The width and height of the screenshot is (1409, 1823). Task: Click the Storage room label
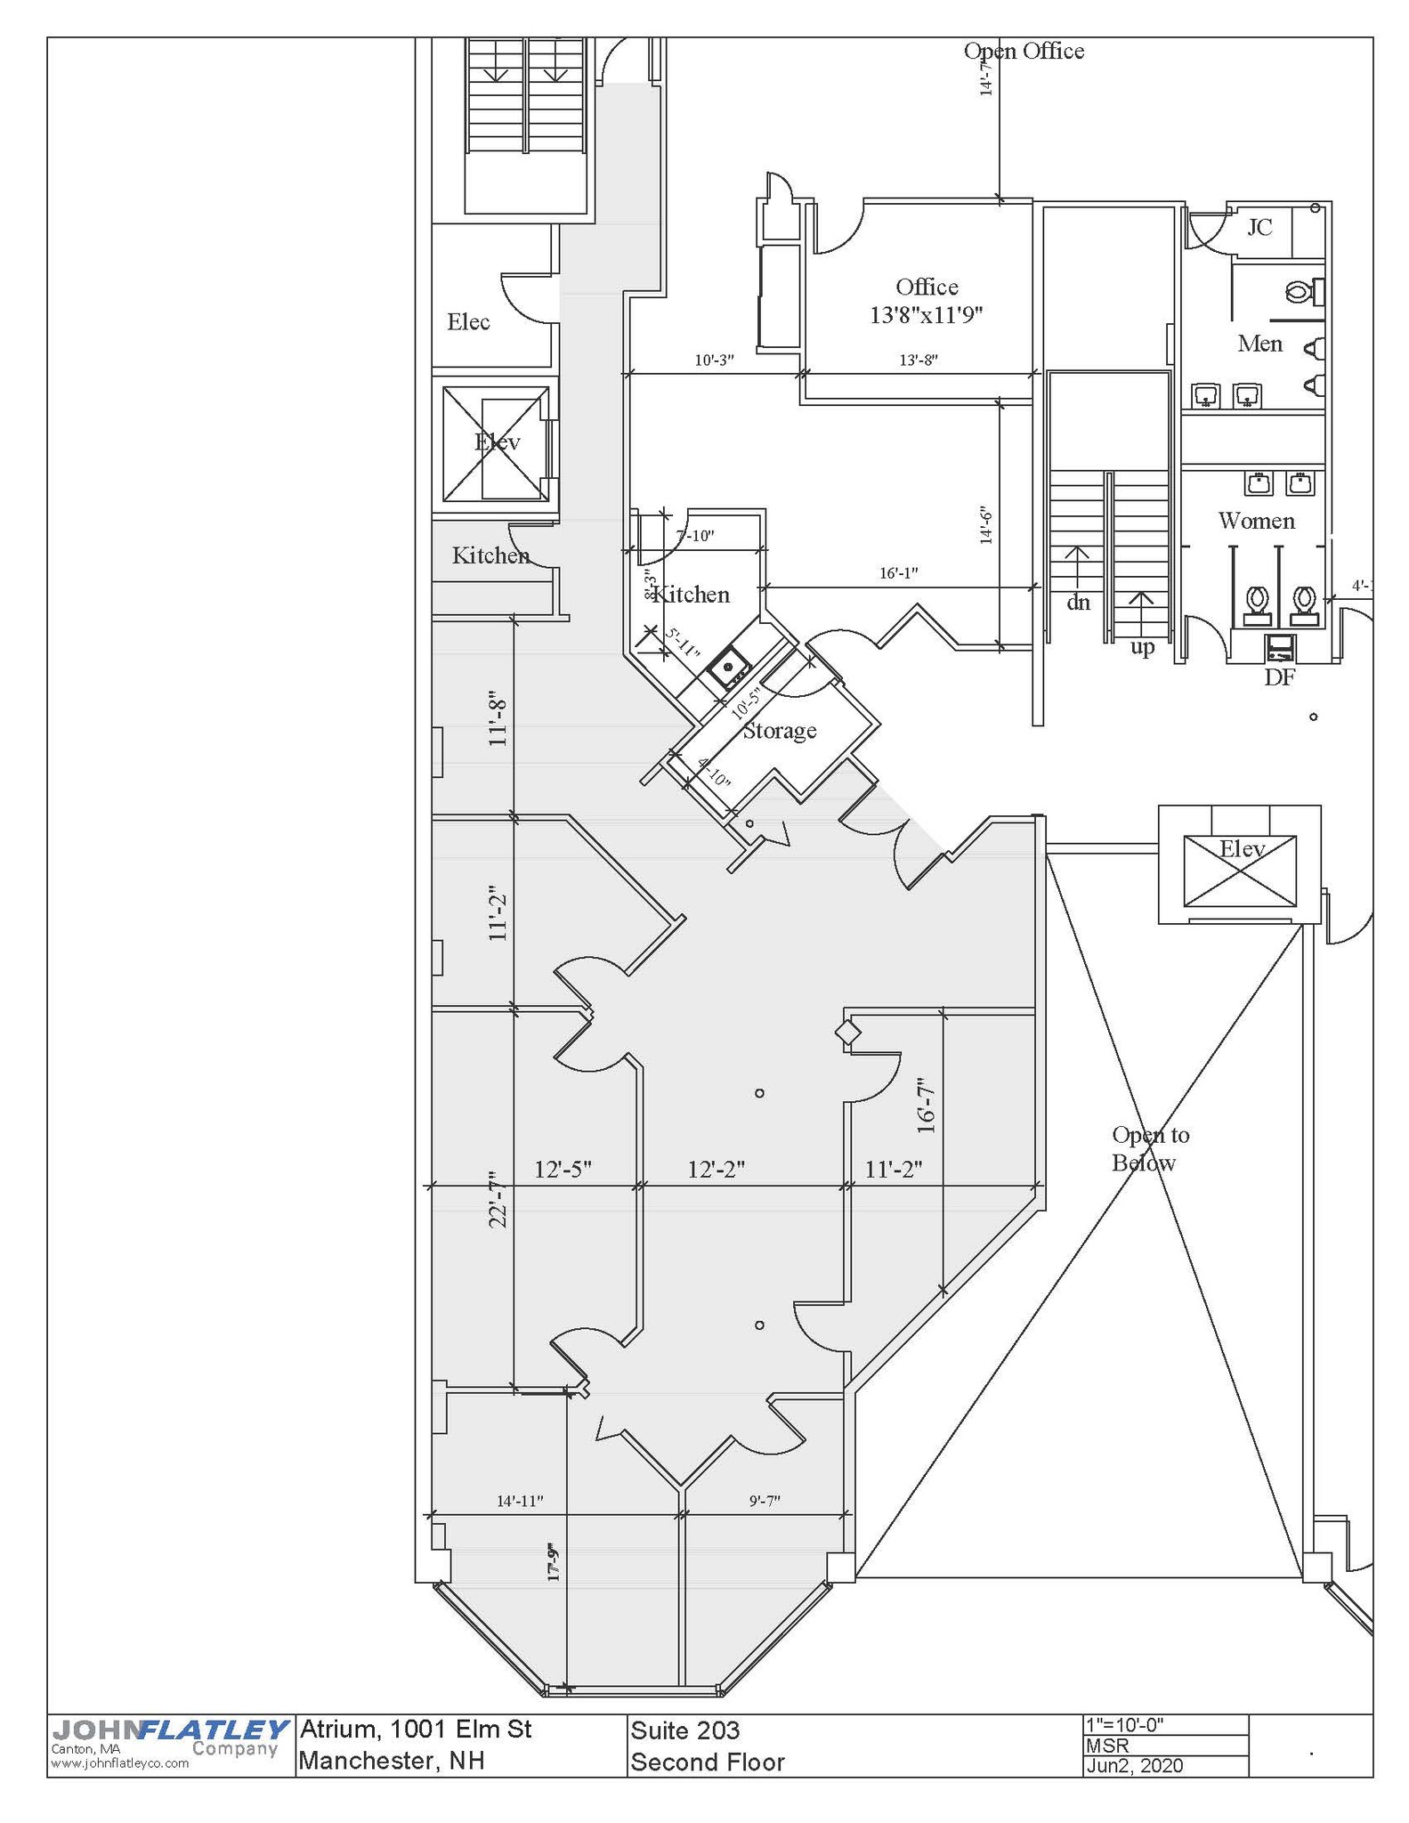[x=780, y=731]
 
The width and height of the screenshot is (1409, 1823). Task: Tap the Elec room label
[x=468, y=321]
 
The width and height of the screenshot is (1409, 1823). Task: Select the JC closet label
[x=1259, y=227]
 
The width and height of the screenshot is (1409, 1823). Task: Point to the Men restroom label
[x=1260, y=344]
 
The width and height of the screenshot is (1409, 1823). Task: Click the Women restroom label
[x=1256, y=521]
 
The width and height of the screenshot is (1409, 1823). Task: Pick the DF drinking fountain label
[x=1280, y=677]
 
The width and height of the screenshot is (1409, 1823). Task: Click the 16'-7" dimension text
[x=927, y=1106]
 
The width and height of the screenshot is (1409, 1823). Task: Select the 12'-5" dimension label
[x=563, y=1169]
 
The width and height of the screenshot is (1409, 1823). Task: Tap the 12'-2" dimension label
[x=716, y=1169]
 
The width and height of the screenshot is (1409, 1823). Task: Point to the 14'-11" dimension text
[x=520, y=1501]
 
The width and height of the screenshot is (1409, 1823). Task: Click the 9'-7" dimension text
[x=765, y=1501]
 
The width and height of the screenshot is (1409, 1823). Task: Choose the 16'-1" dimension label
[x=898, y=573]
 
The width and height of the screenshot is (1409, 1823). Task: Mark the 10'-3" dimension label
[x=714, y=361]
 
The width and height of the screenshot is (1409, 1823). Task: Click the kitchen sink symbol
[x=729, y=665]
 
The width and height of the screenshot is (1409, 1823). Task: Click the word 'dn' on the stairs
[x=1078, y=603]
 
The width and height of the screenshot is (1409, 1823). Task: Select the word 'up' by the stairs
[x=1143, y=647]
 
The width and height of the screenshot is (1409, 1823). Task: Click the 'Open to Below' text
[x=1150, y=1148]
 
